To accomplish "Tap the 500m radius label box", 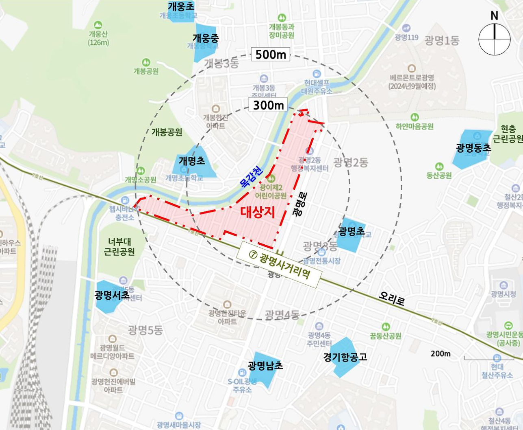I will click(271, 54).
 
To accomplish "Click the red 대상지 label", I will click(258, 212).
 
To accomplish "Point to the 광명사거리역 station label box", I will click(279, 265).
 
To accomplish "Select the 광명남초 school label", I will click(265, 366).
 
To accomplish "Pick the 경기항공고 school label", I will click(345, 357).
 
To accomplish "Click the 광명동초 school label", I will click(473, 148).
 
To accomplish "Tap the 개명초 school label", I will click(192, 160).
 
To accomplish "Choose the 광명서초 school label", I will click(112, 295).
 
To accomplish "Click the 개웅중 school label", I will click(206, 38).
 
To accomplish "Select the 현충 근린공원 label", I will click(508, 134).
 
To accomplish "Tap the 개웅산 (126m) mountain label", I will click(98, 38).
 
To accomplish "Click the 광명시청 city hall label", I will click(503, 294).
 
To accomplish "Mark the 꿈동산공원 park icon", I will click(385, 327).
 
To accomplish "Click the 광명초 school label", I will click(352, 231).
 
